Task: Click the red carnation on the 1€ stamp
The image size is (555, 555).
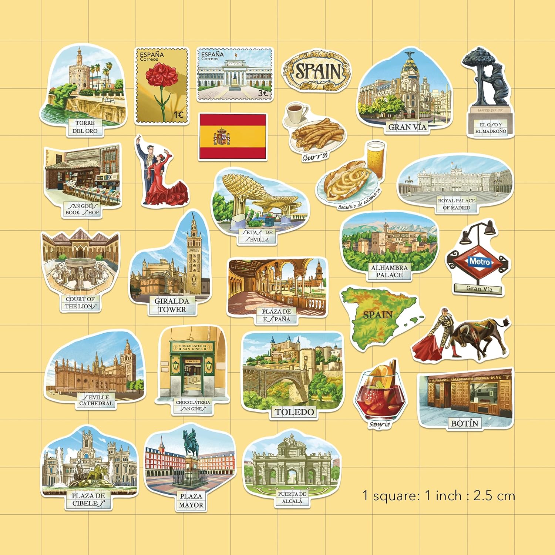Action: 159,76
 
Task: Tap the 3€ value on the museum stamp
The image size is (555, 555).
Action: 263,93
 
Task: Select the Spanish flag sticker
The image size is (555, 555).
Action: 232,137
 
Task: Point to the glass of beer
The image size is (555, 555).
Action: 376,159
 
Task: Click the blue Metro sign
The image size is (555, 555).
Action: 480,262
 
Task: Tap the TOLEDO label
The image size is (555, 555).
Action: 294,412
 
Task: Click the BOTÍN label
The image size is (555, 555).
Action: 465,423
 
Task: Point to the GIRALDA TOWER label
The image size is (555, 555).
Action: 172,305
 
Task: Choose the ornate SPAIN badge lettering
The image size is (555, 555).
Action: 317,71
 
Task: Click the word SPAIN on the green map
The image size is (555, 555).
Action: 377,315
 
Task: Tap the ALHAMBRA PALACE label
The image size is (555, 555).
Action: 389,271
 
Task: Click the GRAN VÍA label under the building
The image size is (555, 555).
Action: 407,127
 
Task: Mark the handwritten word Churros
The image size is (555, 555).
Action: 315,157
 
